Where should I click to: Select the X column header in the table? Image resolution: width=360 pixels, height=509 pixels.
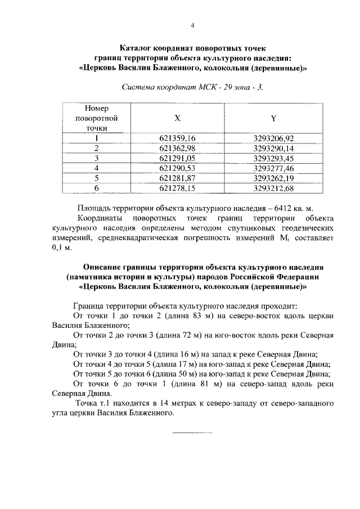point(177,119)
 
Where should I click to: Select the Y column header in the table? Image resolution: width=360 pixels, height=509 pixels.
point(273,119)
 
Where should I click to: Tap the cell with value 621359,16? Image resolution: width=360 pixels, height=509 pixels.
point(177,138)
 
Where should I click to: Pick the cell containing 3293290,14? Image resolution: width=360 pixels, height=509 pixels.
point(273,148)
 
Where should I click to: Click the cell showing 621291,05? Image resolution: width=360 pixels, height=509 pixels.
point(177,158)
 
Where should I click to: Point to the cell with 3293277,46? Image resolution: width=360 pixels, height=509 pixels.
point(273,168)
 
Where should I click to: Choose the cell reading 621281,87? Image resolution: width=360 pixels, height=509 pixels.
point(177,178)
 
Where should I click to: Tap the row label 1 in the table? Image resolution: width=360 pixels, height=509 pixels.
point(96,138)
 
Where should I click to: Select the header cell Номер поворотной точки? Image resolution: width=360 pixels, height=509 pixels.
point(96,118)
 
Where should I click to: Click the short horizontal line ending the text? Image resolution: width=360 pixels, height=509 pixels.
point(192,433)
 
